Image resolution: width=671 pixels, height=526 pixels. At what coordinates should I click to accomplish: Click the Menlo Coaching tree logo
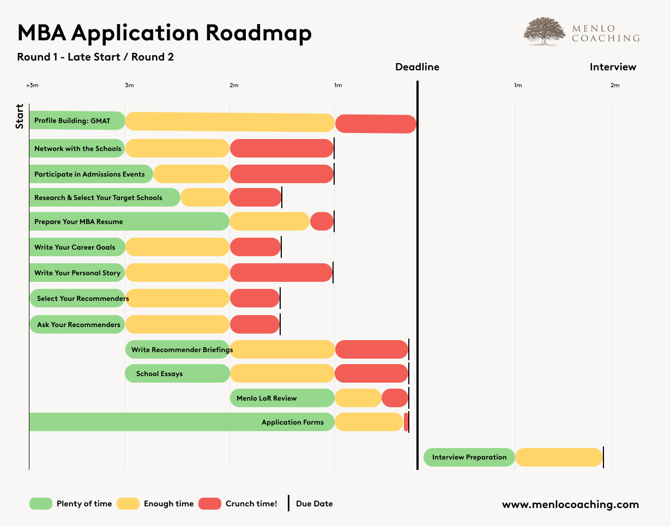543,31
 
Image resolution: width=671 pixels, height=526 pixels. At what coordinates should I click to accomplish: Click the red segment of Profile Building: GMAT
376,124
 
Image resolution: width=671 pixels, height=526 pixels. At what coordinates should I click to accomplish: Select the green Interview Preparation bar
469,457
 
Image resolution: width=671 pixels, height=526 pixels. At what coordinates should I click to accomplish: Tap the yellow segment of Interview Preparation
559,457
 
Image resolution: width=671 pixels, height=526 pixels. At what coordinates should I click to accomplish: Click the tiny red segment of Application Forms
406,422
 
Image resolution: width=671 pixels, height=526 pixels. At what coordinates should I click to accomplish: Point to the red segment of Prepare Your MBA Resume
322,222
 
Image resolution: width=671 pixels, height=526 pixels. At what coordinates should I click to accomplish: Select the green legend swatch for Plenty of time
41,504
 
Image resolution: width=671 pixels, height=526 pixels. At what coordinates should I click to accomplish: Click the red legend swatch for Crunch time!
210,504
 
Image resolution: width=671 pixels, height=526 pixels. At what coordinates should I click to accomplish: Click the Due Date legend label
314,504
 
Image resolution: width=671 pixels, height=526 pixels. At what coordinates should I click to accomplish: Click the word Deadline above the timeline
417,67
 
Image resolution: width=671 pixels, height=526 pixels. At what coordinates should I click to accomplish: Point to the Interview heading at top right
613,67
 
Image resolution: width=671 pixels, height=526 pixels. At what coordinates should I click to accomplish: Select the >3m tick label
32,85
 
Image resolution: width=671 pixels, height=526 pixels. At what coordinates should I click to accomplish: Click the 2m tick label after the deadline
615,85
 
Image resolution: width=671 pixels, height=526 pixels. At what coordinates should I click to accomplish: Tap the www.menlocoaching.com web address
570,505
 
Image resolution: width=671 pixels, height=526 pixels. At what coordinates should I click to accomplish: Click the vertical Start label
20,116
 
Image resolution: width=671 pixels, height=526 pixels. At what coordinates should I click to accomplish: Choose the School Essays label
159,374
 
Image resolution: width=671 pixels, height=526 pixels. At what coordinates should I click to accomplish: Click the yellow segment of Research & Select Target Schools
205,197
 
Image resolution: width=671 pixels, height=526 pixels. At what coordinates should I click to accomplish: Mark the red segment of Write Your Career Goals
255,247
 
